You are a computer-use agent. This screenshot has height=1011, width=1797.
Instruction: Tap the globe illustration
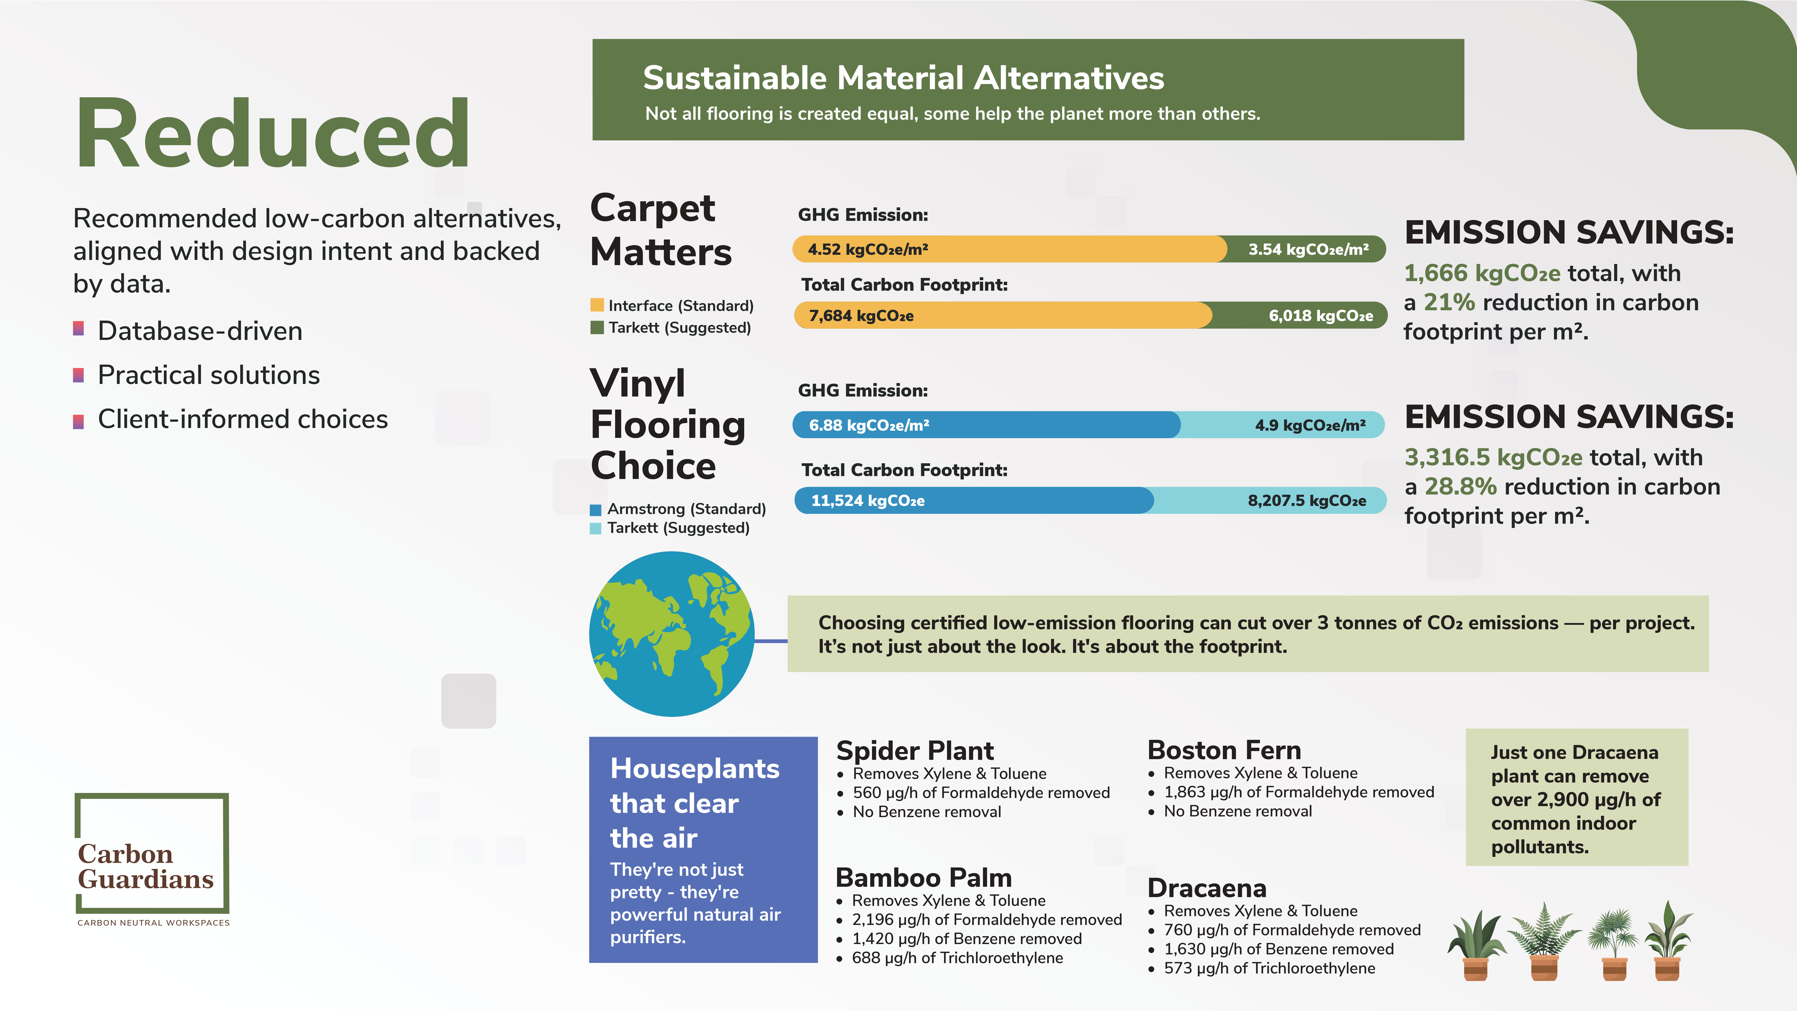pyautogui.click(x=672, y=634)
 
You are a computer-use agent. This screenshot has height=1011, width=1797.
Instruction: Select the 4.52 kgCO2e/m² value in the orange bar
pyautogui.click(x=868, y=249)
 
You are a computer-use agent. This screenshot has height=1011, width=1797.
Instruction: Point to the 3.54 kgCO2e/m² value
pyautogui.click(x=1308, y=249)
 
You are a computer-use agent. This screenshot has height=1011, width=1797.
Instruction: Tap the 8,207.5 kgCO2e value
pyautogui.click(x=1307, y=500)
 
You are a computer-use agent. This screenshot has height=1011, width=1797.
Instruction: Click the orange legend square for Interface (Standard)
pyautogui.click(x=597, y=305)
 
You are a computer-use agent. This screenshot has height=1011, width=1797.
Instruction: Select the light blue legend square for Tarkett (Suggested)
pyautogui.click(x=596, y=528)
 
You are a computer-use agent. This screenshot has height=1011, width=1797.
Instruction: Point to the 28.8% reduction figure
pyautogui.click(x=1461, y=486)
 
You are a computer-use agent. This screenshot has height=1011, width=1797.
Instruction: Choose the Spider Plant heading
pyautogui.click(x=914, y=750)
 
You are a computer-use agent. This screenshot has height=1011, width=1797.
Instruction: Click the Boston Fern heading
pyautogui.click(x=1224, y=749)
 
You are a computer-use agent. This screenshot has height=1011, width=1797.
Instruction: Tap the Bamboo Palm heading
pyautogui.click(x=924, y=877)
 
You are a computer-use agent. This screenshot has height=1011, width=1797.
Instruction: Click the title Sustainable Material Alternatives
pyautogui.click(x=903, y=78)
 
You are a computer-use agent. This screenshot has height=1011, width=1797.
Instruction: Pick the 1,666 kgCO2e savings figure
pyautogui.click(x=1482, y=273)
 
